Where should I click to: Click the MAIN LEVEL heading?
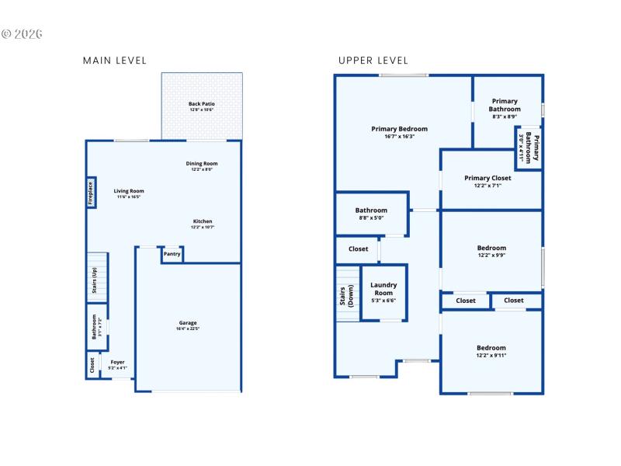point(114,61)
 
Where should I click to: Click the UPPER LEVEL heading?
point(373,61)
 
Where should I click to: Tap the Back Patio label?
point(202,104)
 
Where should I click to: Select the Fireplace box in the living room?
point(91,193)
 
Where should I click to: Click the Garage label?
point(188,322)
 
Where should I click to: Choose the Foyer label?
point(117,362)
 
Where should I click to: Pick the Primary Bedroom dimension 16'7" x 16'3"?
point(400,137)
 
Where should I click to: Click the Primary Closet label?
point(487,178)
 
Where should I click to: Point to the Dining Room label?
point(201,164)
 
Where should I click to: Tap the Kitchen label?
point(203,221)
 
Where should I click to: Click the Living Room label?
point(129,191)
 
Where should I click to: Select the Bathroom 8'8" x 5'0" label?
point(371,210)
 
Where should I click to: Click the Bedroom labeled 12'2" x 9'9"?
point(491,249)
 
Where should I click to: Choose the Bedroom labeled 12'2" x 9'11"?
point(491,348)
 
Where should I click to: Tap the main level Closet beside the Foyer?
point(92,364)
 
